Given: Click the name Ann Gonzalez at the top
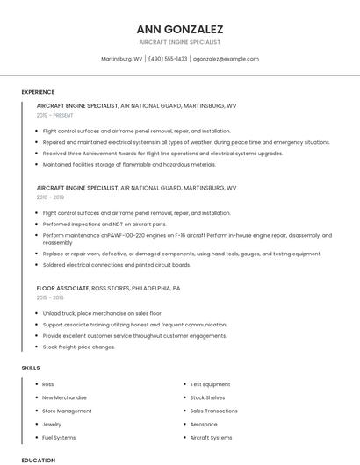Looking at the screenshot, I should pos(179,29).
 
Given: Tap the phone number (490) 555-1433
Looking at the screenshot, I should pos(168,59).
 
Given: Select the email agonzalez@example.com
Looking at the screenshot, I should pos(226,59).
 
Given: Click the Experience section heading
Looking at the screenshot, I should pos(38,92).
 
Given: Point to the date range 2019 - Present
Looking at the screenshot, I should pos(54,115).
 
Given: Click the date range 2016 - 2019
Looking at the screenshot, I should pos(50,197).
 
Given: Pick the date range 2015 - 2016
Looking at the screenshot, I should pos(50,298).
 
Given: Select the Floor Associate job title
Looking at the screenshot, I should pos(63,288).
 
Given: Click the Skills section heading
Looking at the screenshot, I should pos(31,368).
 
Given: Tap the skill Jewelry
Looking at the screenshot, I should pos(53,424).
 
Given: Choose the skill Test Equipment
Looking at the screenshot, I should pos(210,384).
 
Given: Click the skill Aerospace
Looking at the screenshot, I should pos(204,424).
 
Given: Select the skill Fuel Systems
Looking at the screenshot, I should pos(60,437).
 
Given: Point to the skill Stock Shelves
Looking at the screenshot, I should pos(207,397).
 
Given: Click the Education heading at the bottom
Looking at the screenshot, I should pos(38,461).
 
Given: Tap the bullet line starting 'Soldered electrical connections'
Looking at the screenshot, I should pos(116,265).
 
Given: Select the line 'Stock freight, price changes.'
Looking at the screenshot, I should pos(78,347).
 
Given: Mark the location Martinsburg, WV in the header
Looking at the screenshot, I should pos(122,59).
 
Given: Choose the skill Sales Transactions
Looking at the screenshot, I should pos(213,411).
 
